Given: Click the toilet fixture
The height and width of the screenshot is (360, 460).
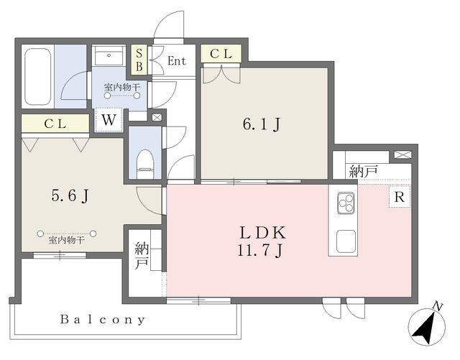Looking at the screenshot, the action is pos(145,164).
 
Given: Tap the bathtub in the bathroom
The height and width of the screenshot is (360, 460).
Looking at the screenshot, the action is pos(37,76).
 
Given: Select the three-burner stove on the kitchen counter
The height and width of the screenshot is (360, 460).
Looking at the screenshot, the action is pos(346,203).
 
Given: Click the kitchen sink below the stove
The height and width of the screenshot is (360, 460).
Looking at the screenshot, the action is pos(346,241).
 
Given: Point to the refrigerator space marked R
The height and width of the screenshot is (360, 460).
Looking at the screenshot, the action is pos(400,197).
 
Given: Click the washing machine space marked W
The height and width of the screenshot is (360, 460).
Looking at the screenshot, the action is pos(109,120).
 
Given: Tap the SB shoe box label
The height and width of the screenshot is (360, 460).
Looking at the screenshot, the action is pos(139,60).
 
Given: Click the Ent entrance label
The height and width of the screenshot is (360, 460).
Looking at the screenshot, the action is pos(177,61).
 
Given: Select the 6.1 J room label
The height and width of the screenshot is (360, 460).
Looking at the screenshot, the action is pos(262,124).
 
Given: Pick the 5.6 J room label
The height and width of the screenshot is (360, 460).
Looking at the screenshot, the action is pos(70,195).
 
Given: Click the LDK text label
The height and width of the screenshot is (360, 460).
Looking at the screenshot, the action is pos(262,233).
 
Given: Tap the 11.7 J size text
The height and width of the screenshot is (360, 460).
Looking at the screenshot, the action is pos(260,250).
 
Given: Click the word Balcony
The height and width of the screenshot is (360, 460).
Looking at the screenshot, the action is pos(102,319).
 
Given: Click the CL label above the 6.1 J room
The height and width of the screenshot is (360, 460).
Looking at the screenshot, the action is pos(221,54).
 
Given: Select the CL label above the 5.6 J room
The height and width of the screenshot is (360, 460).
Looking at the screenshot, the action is pos(55,124).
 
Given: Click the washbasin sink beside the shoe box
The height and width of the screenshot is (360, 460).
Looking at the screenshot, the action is pos(109,57).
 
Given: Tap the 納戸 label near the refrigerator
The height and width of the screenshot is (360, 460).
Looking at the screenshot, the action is pos(363,171).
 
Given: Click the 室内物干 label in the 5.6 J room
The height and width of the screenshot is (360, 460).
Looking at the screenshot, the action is pos(67,241).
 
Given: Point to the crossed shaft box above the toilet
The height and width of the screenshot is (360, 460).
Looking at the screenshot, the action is pos(157,117).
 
